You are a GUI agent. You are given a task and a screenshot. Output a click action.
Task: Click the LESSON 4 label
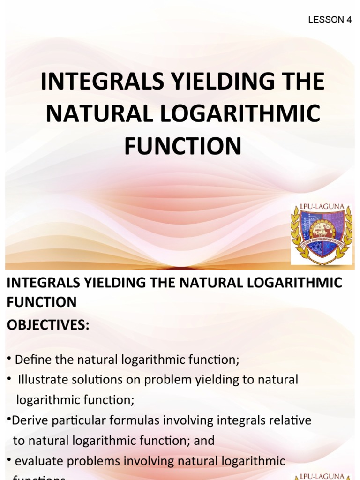(x=330, y=20)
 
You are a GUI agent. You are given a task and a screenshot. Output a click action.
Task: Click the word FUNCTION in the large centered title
(x=182, y=146)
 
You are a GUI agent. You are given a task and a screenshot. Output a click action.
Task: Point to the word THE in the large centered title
(x=299, y=82)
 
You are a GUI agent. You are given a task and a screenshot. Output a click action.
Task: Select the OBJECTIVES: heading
(x=48, y=325)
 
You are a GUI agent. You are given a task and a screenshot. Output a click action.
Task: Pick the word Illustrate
(x=44, y=380)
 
